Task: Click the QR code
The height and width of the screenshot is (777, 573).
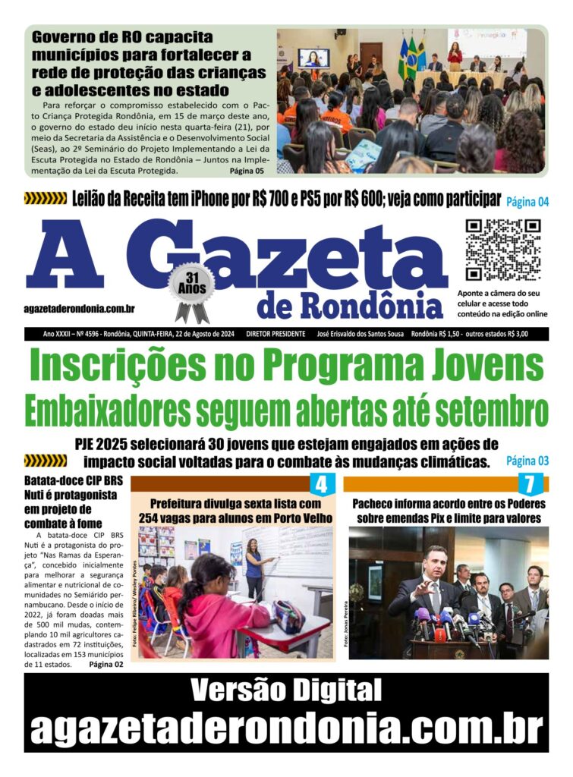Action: coord(502,250)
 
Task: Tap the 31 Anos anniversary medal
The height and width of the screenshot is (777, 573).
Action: coord(191,288)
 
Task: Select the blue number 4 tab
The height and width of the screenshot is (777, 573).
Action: coord(321,484)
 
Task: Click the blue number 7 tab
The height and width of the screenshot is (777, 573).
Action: coord(530,484)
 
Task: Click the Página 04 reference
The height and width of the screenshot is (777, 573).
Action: coord(527,202)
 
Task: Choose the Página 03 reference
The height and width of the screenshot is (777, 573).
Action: coord(527,461)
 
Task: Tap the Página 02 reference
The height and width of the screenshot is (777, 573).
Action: coord(105,665)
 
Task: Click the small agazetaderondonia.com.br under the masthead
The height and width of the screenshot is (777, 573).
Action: coord(80,307)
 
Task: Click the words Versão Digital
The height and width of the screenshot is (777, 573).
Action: coord(286,690)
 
